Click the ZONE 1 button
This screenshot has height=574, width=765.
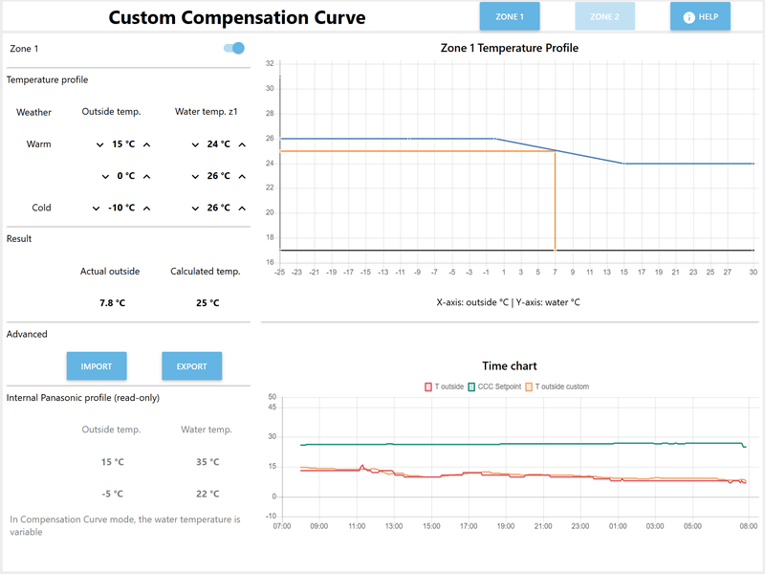click(509, 16)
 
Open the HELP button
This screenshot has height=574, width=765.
click(700, 16)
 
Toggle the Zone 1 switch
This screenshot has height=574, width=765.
click(233, 48)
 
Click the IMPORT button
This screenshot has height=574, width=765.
click(97, 366)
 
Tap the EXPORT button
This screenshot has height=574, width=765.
click(191, 366)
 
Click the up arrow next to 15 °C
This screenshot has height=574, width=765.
click(147, 144)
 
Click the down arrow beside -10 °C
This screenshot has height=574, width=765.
click(96, 208)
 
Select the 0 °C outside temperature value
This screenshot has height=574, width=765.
click(125, 176)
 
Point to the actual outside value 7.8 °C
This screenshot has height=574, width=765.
click(112, 302)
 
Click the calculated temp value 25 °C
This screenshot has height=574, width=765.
click(208, 302)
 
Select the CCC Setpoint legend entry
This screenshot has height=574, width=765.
click(493, 386)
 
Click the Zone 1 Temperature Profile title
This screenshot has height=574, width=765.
click(509, 48)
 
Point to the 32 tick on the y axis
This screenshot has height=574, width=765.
click(270, 64)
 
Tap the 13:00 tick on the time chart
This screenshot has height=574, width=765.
click(393, 525)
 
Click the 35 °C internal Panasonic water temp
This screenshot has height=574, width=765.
click(208, 462)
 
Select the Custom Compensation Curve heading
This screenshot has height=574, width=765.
click(236, 17)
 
